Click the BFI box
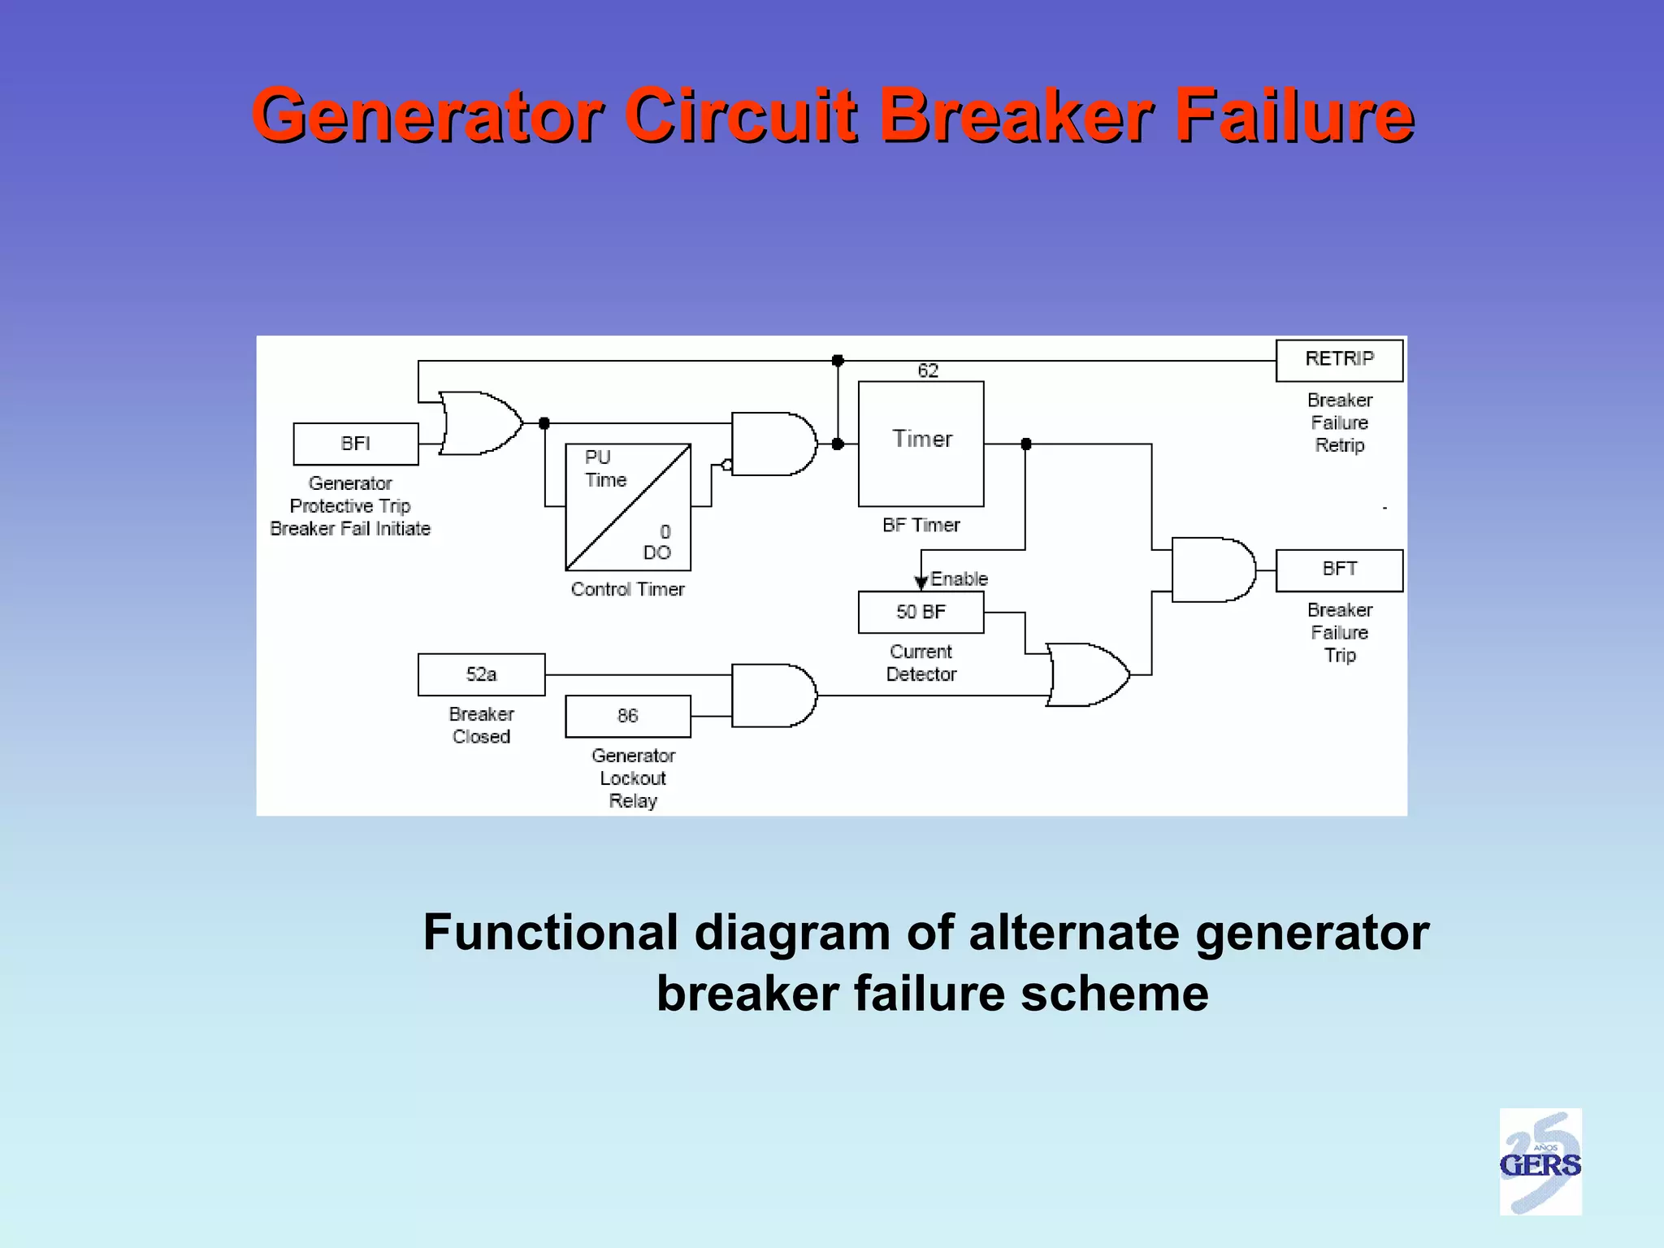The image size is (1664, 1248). [356, 444]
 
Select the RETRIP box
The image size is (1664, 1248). [1339, 360]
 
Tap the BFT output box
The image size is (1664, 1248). [1339, 570]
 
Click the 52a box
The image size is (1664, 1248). [481, 674]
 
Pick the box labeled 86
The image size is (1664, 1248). [627, 716]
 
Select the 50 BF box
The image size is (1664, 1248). [921, 612]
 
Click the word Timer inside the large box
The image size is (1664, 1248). [922, 439]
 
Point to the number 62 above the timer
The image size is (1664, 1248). [928, 371]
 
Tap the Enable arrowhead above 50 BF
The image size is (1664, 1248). [921, 582]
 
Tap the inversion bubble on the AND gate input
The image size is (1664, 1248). [727, 465]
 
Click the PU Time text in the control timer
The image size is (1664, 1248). [605, 469]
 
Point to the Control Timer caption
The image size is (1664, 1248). [627, 589]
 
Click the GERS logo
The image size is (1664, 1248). [1540, 1161]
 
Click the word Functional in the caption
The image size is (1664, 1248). [550, 932]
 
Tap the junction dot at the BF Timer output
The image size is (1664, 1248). [1025, 444]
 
